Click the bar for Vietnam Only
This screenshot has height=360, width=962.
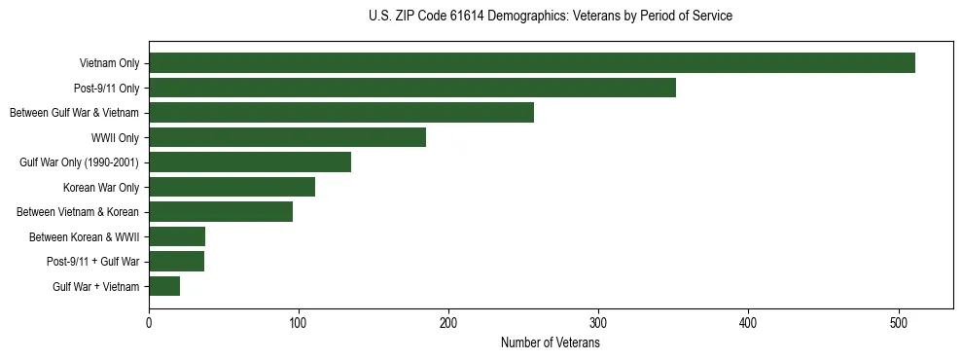point(532,63)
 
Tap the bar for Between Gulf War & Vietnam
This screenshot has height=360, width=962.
point(341,113)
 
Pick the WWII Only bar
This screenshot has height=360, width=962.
point(287,137)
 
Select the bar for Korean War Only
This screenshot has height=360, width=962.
point(232,187)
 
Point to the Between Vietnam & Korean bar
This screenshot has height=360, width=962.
point(221,212)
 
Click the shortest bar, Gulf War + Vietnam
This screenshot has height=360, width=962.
point(164,286)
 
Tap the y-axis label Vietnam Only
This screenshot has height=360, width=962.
point(109,64)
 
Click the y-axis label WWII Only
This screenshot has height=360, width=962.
point(116,138)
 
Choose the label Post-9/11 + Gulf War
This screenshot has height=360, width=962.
point(92,262)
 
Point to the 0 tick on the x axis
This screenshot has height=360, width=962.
point(149,324)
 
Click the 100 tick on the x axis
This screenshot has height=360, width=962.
point(299,324)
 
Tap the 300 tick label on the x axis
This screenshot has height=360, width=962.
point(599,324)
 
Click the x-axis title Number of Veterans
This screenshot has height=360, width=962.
point(550,343)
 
